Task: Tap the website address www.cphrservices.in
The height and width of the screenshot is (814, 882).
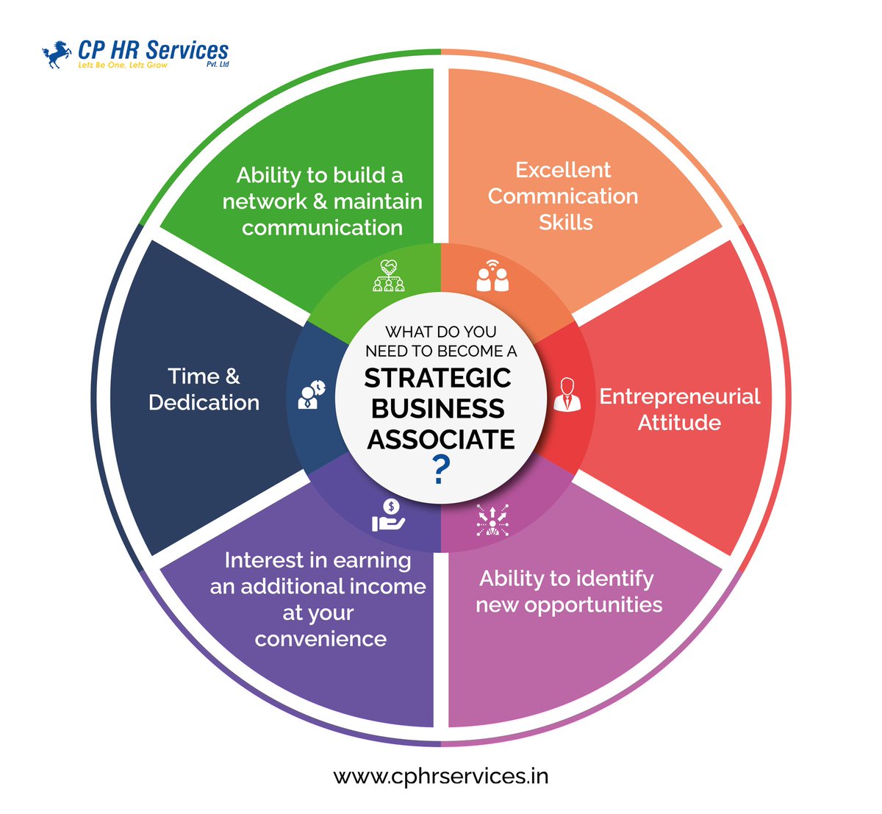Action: pyautogui.click(x=441, y=776)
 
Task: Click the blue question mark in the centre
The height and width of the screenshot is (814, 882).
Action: pyautogui.click(x=440, y=470)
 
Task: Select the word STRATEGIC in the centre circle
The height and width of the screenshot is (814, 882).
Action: pyautogui.click(x=438, y=378)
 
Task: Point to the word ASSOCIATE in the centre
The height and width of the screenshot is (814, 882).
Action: pyautogui.click(x=441, y=440)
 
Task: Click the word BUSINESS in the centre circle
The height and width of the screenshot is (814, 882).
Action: pyautogui.click(x=438, y=409)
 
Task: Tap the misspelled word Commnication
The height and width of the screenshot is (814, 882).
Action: pyautogui.click(x=563, y=196)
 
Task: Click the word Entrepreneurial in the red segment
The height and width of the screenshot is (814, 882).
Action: pyautogui.click(x=680, y=396)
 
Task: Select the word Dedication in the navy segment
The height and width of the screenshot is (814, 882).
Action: pyautogui.click(x=204, y=403)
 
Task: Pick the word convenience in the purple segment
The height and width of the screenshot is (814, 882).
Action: pyautogui.click(x=320, y=639)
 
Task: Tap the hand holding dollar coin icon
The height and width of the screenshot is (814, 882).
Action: pyautogui.click(x=389, y=515)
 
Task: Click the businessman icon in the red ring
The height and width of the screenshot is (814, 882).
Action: pyautogui.click(x=567, y=395)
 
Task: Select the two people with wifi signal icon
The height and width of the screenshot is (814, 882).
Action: pyautogui.click(x=492, y=275)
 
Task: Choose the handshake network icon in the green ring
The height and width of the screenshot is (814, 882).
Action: pyautogui.click(x=389, y=276)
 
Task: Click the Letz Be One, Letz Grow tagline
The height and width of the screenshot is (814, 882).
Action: pyautogui.click(x=123, y=65)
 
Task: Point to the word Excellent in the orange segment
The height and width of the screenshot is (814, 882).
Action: pyautogui.click(x=563, y=170)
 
